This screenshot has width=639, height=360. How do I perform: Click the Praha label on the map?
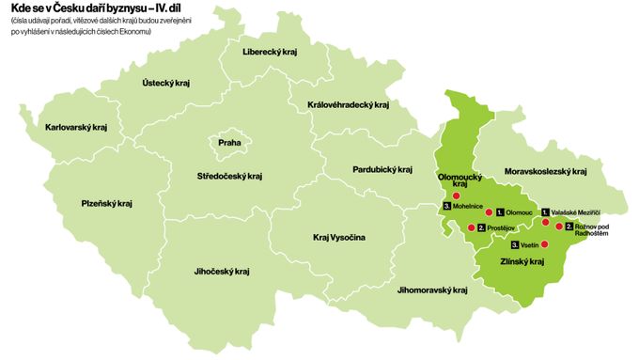[229, 143]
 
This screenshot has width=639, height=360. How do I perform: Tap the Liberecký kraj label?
[269, 52]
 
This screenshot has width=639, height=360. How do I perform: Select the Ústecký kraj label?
[165, 83]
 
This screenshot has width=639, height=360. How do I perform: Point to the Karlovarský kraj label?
[76, 126]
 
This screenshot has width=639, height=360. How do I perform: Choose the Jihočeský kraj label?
[222, 271]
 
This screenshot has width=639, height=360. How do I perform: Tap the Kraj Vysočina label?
[339, 238]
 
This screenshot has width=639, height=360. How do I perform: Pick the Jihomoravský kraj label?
[432, 290]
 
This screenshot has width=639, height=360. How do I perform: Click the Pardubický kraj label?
[382, 170]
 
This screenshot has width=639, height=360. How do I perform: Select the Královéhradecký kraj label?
[348, 105]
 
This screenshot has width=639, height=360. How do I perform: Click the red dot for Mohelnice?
[458, 196]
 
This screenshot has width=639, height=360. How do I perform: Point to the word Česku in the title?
[69, 10]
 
